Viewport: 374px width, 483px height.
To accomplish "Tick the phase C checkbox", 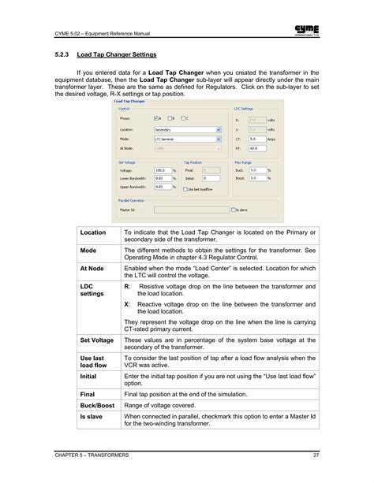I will coord(184,117).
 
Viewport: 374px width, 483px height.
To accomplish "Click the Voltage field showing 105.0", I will coord(162,169).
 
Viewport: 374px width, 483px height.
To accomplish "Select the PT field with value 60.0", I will coord(257,147).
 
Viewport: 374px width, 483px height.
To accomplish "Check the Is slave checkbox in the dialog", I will coord(230,210).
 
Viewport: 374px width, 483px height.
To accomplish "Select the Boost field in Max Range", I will coord(257,178).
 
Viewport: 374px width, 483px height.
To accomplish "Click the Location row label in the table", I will coord(93,233).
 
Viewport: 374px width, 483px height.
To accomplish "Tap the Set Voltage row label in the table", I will coord(97,340).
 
